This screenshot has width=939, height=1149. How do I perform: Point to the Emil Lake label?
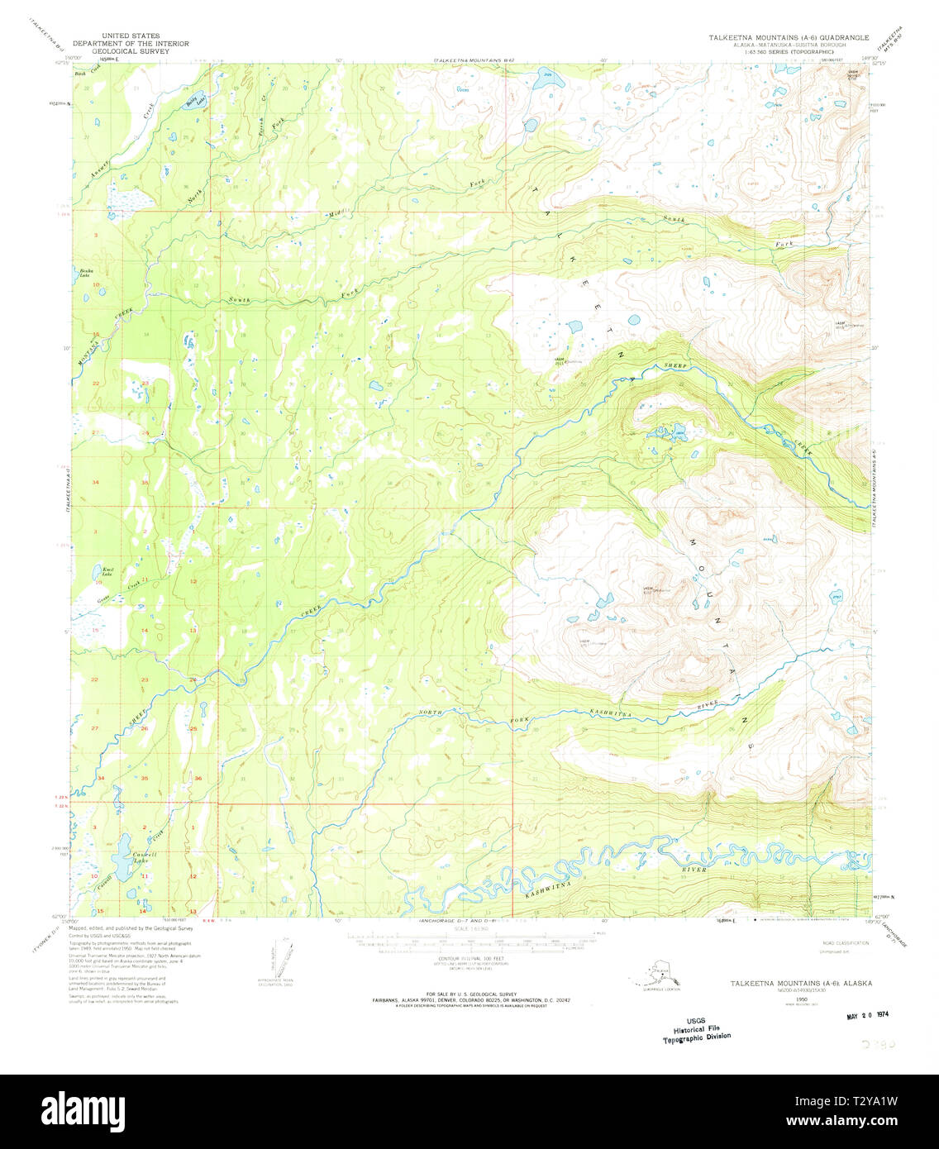[107, 570]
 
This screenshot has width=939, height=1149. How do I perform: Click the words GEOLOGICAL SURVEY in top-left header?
[131, 51]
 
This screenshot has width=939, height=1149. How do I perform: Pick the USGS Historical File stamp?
[697, 1030]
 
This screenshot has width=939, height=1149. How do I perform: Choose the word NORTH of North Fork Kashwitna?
[431, 712]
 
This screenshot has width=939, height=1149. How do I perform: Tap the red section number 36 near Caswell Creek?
[198, 779]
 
